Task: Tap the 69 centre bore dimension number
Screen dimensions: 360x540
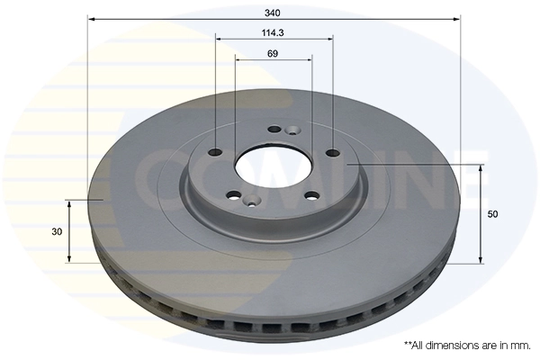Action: [x=274, y=53]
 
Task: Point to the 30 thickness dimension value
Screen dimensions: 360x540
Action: [x=57, y=231]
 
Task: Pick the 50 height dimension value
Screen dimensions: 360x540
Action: [x=493, y=214]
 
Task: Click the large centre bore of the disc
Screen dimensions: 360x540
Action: [x=274, y=165]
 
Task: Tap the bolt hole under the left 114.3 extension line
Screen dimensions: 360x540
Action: [x=216, y=152]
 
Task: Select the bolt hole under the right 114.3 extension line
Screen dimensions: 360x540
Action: [x=332, y=152]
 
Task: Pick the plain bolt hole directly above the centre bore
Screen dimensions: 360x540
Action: [x=273, y=129]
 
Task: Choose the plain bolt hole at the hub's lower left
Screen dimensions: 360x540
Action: [x=234, y=195]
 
